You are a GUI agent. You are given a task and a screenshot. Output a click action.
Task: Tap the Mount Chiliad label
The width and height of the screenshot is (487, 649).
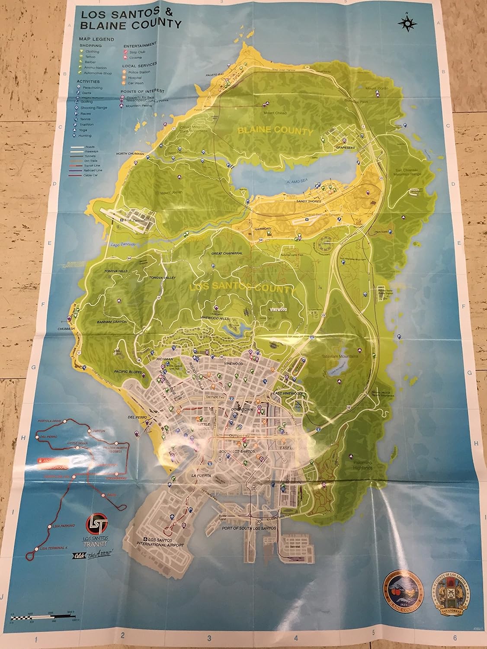(x=275, y=113)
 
